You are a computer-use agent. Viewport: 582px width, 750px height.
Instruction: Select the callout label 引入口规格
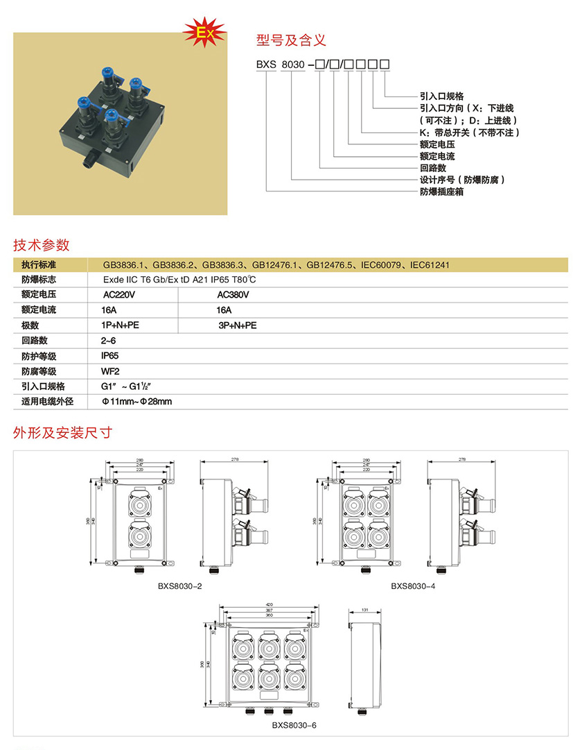click(x=441, y=96)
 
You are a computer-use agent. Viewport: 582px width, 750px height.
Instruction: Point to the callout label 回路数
click(x=432, y=168)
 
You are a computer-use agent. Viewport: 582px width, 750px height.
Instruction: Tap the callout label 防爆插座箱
click(x=441, y=191)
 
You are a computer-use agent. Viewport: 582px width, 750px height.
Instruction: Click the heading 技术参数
click(x=42, y=245)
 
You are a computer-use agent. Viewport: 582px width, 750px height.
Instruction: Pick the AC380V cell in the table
click(x=233, y=295)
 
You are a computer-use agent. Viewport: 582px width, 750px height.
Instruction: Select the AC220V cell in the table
click(x=118, y=295)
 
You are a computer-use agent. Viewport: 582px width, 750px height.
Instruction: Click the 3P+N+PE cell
click(x=237, y=325)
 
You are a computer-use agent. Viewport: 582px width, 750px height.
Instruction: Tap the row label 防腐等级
click(x=39, y=371)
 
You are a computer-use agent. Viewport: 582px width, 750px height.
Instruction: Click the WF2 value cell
click(x=110, y=371)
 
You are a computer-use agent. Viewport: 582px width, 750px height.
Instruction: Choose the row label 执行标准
click(x=39, y=265)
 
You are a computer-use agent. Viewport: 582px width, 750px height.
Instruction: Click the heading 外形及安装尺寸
click(x=63, y=434)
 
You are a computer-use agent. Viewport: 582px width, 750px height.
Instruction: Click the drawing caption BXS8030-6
click(x=294, y=726)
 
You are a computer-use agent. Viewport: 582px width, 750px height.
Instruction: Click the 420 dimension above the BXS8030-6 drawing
click(x=269, y=604)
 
